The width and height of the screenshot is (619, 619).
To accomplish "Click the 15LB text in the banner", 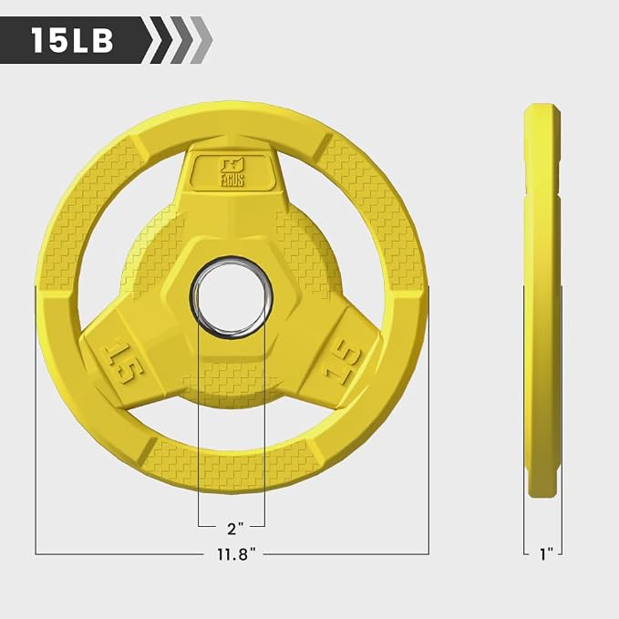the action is click(x=73, y=40).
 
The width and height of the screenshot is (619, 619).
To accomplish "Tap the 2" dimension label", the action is click(x=235, y=528).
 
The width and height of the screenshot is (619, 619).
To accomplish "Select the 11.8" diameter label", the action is click(x=236, y=554).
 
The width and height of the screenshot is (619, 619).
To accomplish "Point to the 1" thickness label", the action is click(x=547, y=554).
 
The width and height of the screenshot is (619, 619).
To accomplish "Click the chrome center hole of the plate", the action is click(x=232, y=297).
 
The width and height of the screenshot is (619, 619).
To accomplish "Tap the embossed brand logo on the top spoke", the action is click(x=232, y=171).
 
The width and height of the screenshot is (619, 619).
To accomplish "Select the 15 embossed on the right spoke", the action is click(x=342, y=362).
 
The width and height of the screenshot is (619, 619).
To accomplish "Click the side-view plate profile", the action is click(x=542, y=300).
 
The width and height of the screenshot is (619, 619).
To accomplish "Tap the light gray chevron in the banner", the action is click(x=201, y=40).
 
